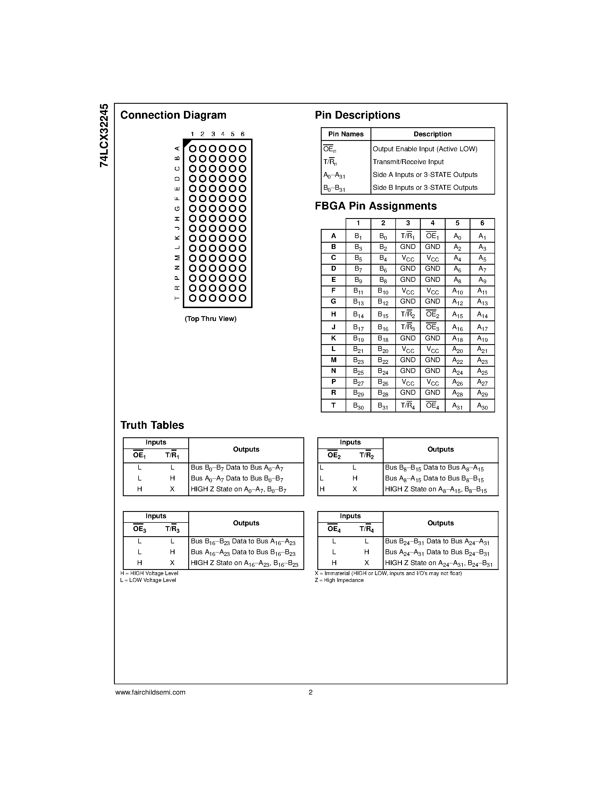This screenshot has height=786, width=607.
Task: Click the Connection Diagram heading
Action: [x=173, y=115]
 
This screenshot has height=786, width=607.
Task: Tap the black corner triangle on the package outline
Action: [x=187, y=143]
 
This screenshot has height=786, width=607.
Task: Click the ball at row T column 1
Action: [x=193, y=298]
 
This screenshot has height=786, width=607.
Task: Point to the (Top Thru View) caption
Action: [x=210, y=319]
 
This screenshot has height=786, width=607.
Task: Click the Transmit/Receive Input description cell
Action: [x=408, y=162]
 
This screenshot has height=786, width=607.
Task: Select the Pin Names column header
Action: [x=346, y=134]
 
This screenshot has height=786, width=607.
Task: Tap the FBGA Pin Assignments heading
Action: [x=376, y=206]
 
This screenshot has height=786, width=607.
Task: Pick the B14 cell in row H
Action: [x=358, y=315]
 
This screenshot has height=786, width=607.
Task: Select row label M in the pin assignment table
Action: [x=333, y=360]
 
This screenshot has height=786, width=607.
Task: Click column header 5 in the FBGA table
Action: [x=457, y=223]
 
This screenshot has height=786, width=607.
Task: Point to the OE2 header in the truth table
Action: [x=334, y=456]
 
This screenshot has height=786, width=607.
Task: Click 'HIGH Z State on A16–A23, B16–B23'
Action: [x=245, y=564]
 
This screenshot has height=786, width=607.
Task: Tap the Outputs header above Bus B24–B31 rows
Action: [x=440, y=523]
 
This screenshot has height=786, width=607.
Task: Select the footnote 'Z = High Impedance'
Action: [x=339, y=580]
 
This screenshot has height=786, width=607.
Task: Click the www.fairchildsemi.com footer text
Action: [x=150, y=692]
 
